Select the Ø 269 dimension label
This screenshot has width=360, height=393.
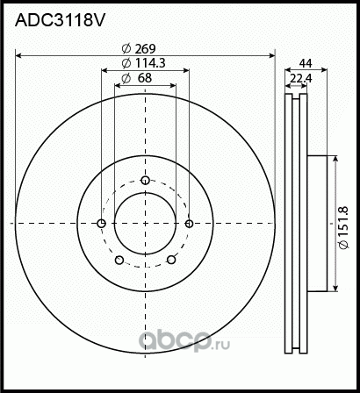click(x=145, y=49)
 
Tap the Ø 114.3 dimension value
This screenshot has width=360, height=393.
click(x=145, y=64)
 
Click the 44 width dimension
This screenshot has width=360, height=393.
click(x=305, y=64)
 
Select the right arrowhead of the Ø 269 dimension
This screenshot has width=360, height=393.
click(x=270, y=56)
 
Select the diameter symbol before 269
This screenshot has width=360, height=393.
click(x=128, y=49)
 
